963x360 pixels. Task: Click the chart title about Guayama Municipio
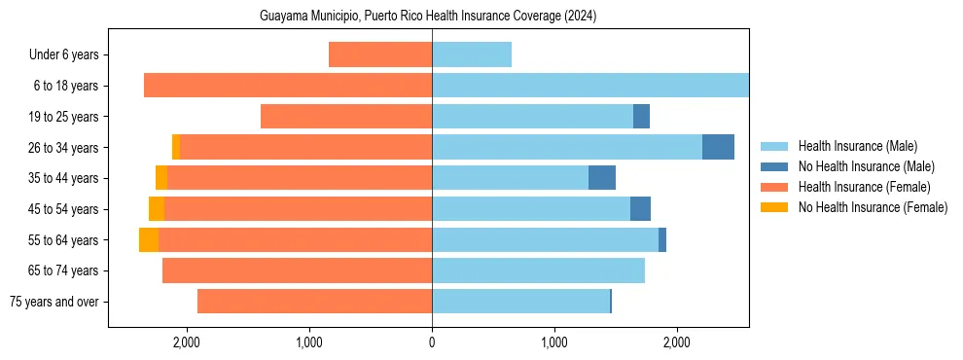(428, 17)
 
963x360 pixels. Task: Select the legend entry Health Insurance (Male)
(856, 146)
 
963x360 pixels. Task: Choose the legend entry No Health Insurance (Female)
(873, 207)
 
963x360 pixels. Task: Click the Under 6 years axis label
(70, 55)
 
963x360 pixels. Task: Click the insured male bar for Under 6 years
(472, 54)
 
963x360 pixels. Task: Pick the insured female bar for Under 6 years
(380, 54)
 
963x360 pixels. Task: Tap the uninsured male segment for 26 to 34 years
(718, 147)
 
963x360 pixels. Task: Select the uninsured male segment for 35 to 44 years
(602, 178)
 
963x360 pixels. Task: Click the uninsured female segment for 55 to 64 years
(149, 240)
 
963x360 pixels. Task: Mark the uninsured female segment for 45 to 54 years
(157, 209)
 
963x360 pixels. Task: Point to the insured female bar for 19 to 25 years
(346, 117)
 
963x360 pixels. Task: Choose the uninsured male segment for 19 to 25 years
(641, 117)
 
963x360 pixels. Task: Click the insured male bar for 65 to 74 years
(538, 270)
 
